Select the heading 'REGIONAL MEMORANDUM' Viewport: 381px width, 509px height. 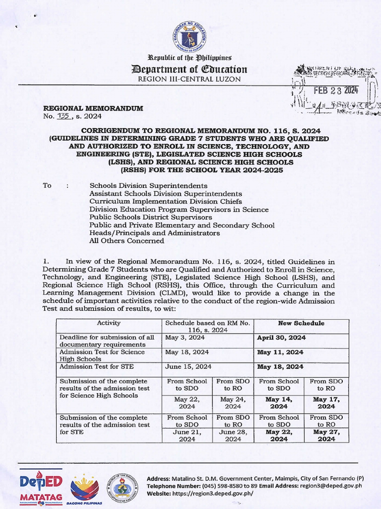point(93,108)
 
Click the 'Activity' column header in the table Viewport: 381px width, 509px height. point(109,323)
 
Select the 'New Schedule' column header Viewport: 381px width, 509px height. point(301,323)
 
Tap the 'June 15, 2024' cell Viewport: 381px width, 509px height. point(188,366)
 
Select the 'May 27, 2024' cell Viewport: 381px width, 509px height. point(326,435)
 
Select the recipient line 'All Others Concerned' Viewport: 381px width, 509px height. point(127,241)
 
